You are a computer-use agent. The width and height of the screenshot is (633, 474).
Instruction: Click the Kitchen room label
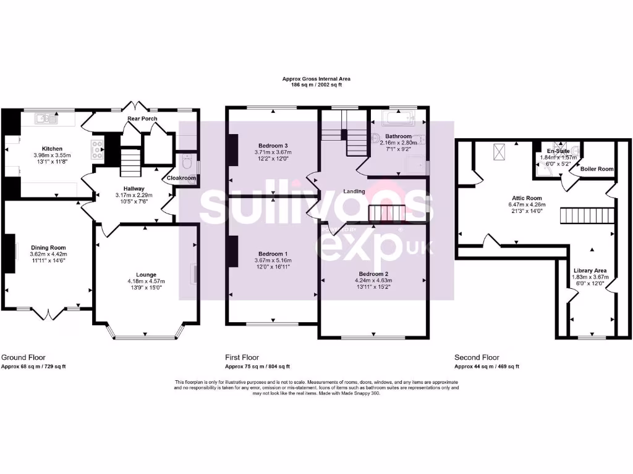pyautogui.click(x=51, y=148)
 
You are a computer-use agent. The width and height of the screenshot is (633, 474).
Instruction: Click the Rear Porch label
pyautogui.click(x=142, y=118)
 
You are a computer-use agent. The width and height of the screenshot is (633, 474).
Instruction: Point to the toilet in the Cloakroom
pyautogui.click(x=187, y=163)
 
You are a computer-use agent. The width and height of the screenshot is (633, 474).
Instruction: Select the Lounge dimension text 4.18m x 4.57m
pyautogui.click(x=146, y=281)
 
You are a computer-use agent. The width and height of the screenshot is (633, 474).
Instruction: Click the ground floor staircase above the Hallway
pyautogui.click(x=130, y=162)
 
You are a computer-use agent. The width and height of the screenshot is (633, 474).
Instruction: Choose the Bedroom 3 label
pyautogui.click(x=273, y=145)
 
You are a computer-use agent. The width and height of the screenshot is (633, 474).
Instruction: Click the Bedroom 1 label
pyautogui.click(x=273, y=254)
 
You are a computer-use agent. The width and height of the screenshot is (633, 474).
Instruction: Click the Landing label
pyautogui.click(x=355, y=191)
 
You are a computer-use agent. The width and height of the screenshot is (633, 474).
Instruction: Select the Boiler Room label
pyautogui.click(x=597, y=168)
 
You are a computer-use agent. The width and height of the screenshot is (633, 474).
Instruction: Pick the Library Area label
pyautogui.click(x=590, y=270)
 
